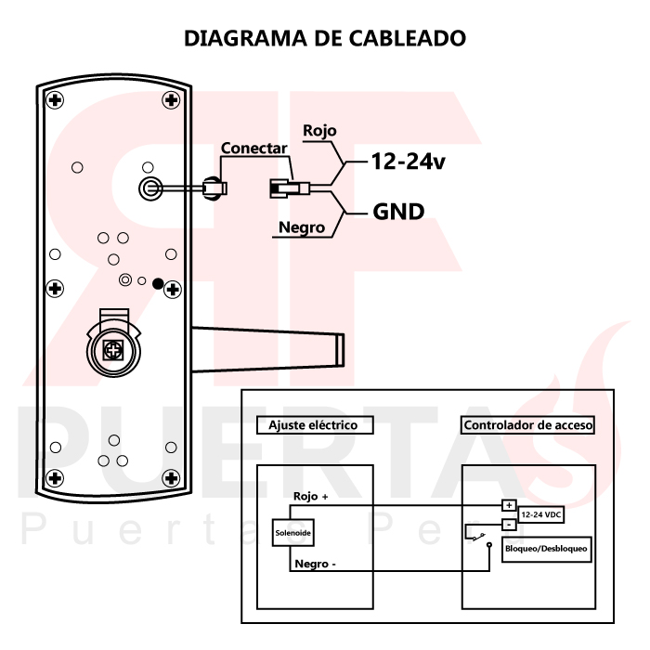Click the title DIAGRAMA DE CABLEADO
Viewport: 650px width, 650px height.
pyautogui.click(x=324, y=39)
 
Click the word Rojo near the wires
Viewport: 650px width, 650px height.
pyautogui.click(x=319, y=131)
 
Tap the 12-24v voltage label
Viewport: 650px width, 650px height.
pyautogui.click(x=408, y=162)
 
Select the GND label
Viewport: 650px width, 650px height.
pyautogui.click(x=398, y=212)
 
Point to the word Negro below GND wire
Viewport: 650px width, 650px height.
pyautogui.click(x=301, y=227)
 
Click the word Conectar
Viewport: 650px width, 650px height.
pyautogui.click(x=253, y=148)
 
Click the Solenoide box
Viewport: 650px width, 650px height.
pyautogui.click(x=292, y=534)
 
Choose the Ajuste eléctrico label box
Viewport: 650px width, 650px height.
pyautogui.click(x=306, y=425)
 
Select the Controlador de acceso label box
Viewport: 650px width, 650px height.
pyautogui.click(x=527, y=425)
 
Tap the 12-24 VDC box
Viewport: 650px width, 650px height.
pyautogui.click(x=540, y=513)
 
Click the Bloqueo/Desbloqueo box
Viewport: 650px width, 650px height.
pyautogui.click(x=545, y=548)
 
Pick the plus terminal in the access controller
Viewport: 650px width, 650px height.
pyautogui.click(x=508, y=506)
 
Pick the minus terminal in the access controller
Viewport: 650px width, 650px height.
pyautogui.click(x=508, y=525)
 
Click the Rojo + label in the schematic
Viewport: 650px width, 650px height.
pyautogui.click(x=311, y=497)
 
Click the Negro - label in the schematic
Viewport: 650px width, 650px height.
pyautogui.click(x=315, y=563)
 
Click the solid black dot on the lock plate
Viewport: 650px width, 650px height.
pyautogui.click(x=158, y=283)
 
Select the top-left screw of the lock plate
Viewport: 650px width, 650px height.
pyautogui.click(x=56, y=100)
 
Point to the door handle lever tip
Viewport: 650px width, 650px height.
pyautogui.click(x=340, y=350)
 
